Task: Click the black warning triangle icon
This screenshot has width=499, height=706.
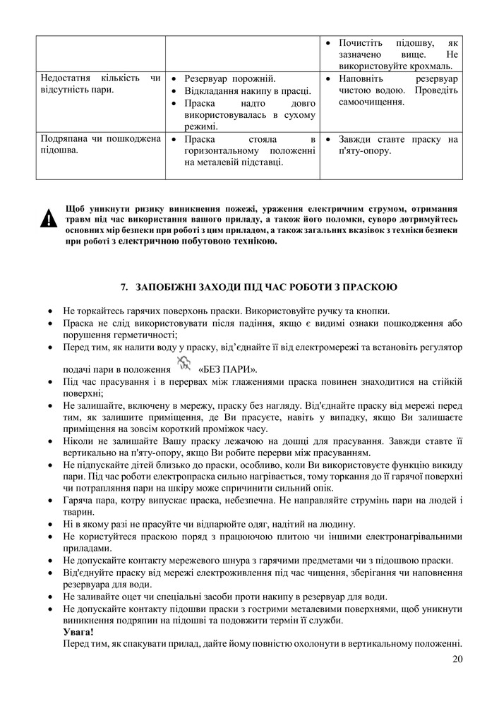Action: (x=47, y=220)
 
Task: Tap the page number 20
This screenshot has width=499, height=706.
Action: (x=457, y=660)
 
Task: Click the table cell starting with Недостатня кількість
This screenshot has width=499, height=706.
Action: (x=101, y=84)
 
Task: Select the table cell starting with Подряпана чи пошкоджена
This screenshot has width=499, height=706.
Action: (x=101, y=145)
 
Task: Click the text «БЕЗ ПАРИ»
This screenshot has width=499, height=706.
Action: (x=229, y=369)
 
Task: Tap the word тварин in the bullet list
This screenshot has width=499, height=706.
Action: (x=78, y=513)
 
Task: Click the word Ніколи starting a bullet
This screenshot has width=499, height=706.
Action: (x=78, y=440)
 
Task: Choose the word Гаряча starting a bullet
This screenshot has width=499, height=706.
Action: (x=78, y=501)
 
